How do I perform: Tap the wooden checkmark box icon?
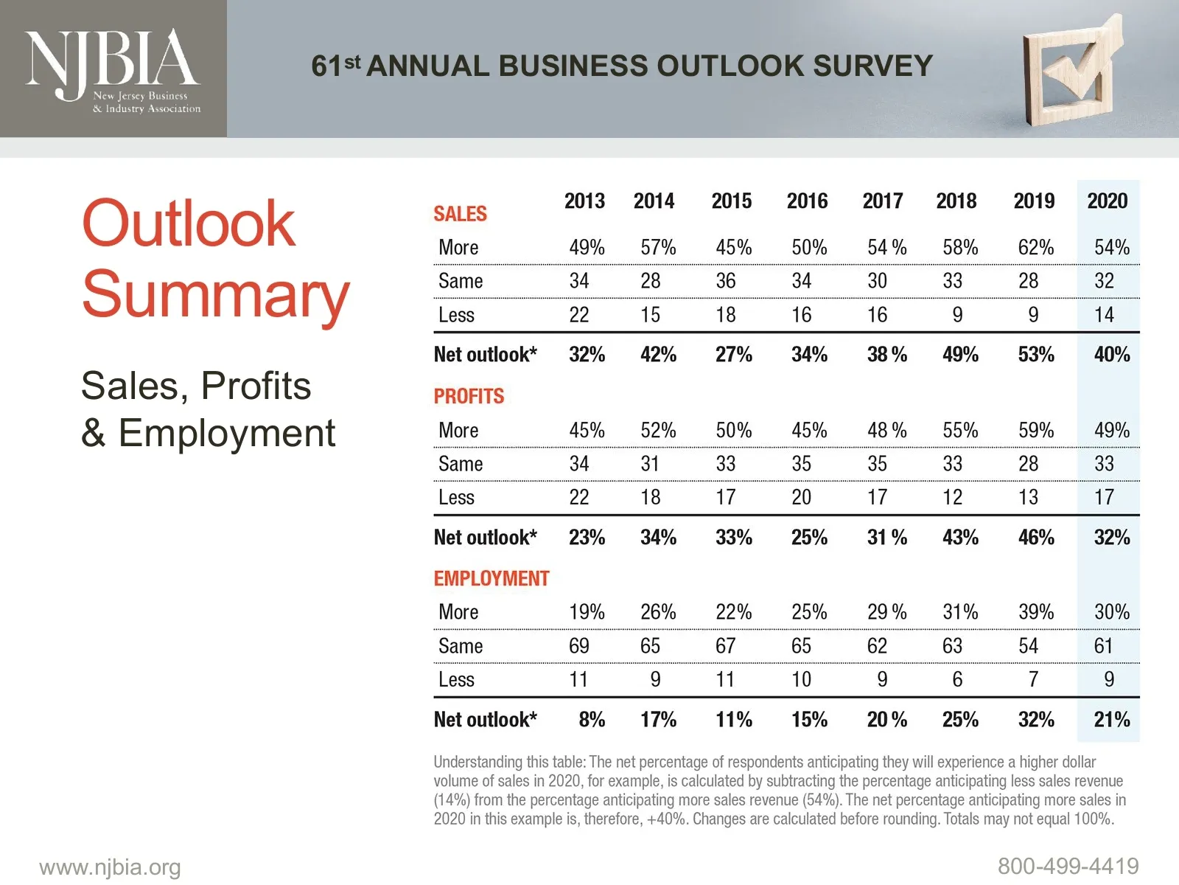pos(1072,70)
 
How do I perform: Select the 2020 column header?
pos(1107,201)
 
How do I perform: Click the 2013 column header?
pos(584,201)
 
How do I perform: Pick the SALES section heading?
pos(460,214)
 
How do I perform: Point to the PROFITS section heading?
pos(469,396)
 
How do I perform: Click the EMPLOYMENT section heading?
pos(491,578)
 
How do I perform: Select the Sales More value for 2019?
pos(1035,247)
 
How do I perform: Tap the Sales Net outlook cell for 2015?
pos(733,355)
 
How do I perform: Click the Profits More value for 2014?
pos(658,430)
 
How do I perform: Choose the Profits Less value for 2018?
pos(952,497)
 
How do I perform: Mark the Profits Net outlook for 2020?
pos(1111,537)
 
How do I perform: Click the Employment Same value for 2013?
pos(578,646)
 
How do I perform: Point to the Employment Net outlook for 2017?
pos(886,719)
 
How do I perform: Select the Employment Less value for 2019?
pos(1033,679)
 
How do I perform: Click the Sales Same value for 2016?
pos(801,281)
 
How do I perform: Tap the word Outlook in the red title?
pos(189,223)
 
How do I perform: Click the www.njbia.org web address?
pos(110,867)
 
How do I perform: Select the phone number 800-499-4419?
pos(1068,866)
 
